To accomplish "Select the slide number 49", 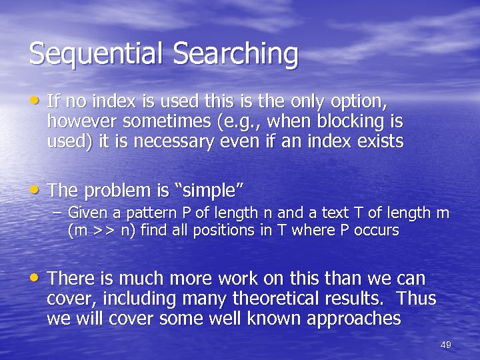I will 446,345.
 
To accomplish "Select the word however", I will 79,122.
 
